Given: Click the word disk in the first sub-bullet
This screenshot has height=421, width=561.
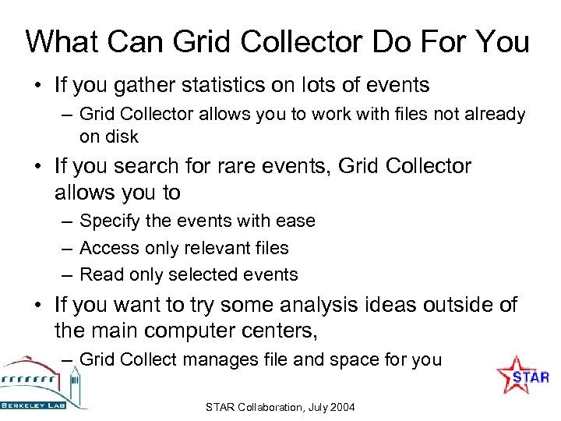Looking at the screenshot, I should point(123,136).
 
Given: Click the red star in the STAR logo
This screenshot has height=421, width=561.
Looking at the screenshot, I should point(513,373).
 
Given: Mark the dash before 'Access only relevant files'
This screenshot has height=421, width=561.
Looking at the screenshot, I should point(69,248).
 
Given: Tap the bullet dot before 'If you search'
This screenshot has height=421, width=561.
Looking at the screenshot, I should point(37,167).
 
